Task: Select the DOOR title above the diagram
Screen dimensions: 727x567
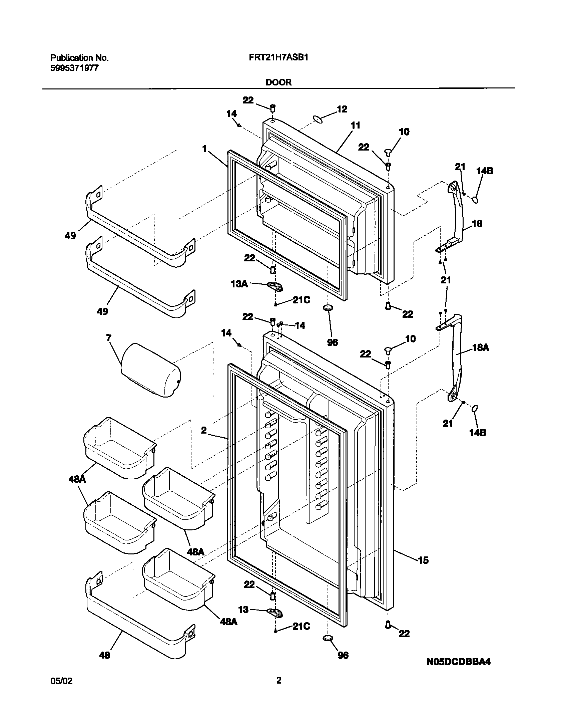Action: tap(278, 82)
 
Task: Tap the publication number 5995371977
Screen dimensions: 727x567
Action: tap(74, 68)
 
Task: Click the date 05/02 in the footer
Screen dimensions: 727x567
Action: tap(61, 681)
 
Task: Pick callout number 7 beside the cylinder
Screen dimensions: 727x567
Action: tap(109, 338)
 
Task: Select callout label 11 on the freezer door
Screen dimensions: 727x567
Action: tap(356, 126)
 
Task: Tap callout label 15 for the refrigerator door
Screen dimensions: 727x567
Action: tap(423, 560)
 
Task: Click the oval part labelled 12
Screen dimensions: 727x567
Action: tap(318, 119)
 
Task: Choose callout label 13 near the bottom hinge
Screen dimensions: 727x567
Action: tap(243, 610)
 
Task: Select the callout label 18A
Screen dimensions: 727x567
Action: tap(481, 347)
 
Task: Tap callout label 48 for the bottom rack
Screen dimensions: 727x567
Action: tap(104, 656)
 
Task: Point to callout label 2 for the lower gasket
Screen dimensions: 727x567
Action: tap(204, 430)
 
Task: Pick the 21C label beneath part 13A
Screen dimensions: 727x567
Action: tap(302, 300)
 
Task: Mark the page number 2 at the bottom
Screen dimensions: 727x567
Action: tap(279, 680)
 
